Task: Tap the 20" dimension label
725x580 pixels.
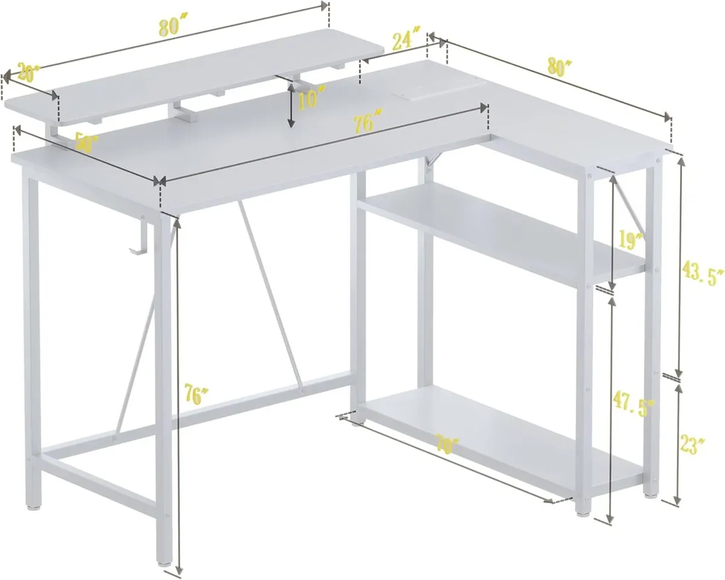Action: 28,73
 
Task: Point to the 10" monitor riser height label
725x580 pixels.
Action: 312,99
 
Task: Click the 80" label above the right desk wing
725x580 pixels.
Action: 559,67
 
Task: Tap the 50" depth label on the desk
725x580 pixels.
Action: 87,143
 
